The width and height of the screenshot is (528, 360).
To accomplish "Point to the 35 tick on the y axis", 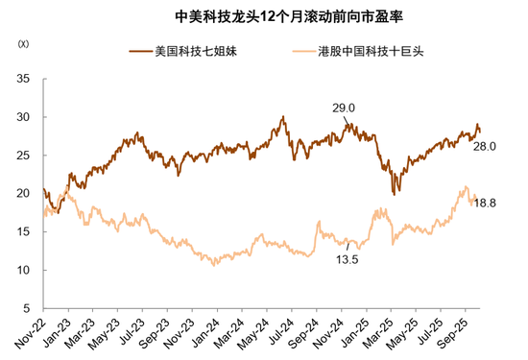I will (x=24, y=79).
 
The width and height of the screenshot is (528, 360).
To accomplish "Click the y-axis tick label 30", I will (x=24, y=117).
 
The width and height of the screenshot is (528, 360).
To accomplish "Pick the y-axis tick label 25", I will (x=24, y=156).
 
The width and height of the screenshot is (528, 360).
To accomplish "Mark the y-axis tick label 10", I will (x=24, y=271).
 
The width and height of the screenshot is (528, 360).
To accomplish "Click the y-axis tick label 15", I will (x=24, y=232).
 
